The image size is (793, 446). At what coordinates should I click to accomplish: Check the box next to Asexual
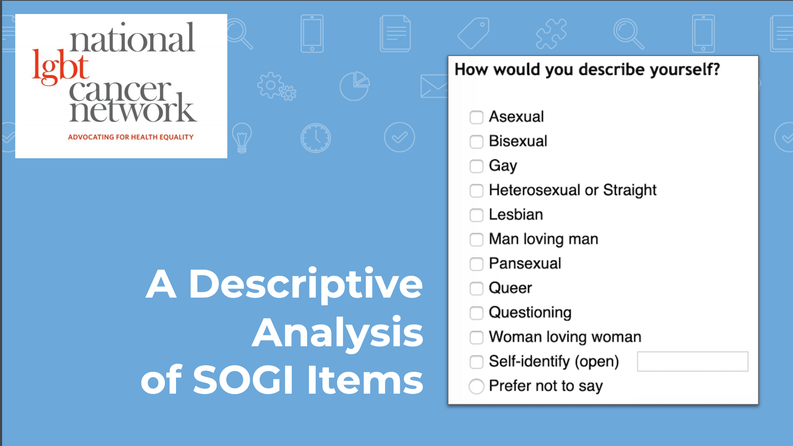[x=476, y=117]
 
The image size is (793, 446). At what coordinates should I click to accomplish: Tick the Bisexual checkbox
[x=476, y=142]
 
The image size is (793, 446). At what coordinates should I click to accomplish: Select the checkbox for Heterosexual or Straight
[x=476, y=190]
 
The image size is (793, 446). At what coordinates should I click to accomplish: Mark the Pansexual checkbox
[x=476, y=264]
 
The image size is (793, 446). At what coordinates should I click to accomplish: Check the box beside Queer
[x=476, y=289]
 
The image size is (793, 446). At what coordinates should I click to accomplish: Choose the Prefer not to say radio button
[x=476, y=386]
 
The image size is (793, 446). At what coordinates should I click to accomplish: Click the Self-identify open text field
[x=692, y=361]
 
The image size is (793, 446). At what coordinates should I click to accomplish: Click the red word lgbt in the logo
[x=60, y=67]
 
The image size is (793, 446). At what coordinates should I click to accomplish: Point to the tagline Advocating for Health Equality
[x=131, y=137]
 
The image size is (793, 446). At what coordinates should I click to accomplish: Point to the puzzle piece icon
[x=551, y=33]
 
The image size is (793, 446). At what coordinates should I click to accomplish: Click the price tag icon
[x=474, y=33]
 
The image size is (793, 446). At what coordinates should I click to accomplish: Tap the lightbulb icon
[x=242, y=138]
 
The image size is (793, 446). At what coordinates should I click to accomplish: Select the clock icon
[x=316, y=138]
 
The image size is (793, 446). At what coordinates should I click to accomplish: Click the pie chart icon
[x=354, y=86]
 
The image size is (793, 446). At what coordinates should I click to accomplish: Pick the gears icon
[x=277, y=87]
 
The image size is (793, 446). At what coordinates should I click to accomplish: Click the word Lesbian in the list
[x=516, y=215]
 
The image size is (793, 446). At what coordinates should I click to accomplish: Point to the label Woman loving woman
[x=565, y=337]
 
